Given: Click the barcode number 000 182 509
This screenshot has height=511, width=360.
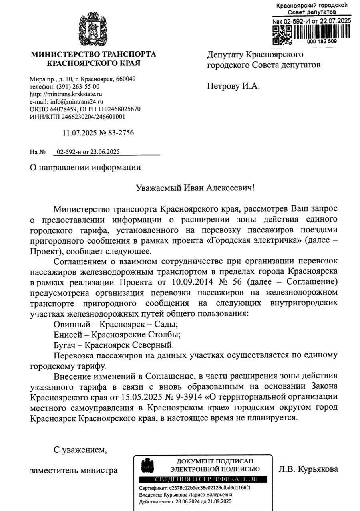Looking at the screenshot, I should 322,41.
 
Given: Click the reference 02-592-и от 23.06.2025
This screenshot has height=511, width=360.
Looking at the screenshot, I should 88,152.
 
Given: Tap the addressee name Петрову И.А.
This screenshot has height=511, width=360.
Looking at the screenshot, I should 233,86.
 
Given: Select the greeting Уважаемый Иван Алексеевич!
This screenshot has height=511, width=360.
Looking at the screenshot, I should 195,188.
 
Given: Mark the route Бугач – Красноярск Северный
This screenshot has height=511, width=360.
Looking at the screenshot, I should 114,344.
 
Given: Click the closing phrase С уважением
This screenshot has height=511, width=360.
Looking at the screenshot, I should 80,450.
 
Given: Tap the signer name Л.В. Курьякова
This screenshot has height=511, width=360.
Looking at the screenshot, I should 308,469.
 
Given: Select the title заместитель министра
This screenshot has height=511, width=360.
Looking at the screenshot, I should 74,470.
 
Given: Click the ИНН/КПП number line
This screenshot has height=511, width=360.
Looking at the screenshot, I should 78,117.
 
